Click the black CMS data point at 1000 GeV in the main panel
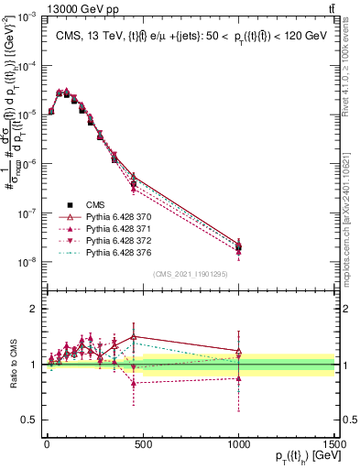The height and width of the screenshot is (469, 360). pos(238,247)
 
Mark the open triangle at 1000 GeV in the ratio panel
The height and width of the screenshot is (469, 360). pos(238,351)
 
